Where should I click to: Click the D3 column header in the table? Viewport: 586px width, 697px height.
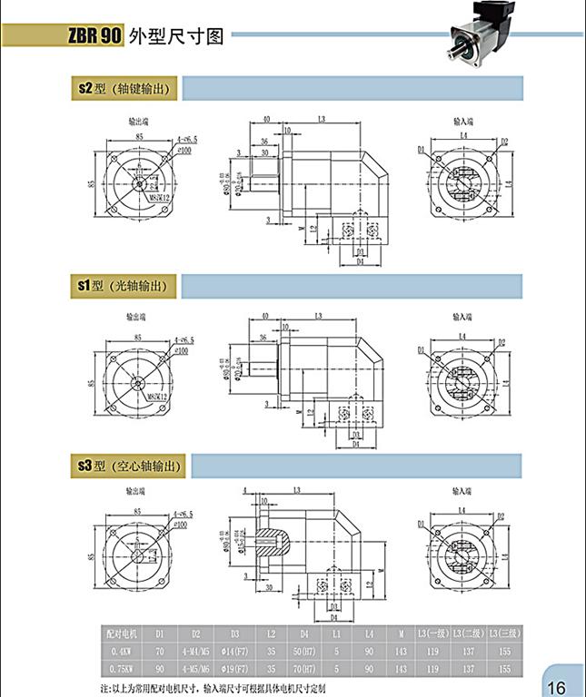(x=235, y=633)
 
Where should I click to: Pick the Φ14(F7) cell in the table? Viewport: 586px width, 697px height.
(x=235, y=651)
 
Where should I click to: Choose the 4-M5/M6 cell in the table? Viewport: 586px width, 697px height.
(x=195, y=667)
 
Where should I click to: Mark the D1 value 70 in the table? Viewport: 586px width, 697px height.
(x=161, y=651)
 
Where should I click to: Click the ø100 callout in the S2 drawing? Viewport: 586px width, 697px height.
(x=184, y=149)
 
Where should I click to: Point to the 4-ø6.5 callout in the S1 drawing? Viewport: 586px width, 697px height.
(x=184, y=339)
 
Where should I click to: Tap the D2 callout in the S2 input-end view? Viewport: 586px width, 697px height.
(x=503, y=142)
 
